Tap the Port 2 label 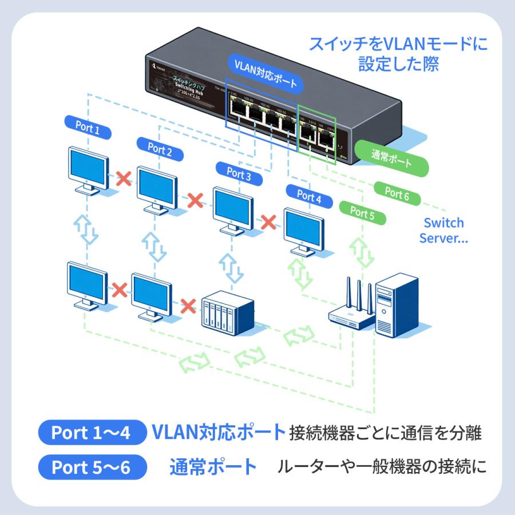(160, 151)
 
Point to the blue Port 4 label (309, 196)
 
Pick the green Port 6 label (397, 193)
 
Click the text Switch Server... (443, 230)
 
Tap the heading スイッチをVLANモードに (398, 44)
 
